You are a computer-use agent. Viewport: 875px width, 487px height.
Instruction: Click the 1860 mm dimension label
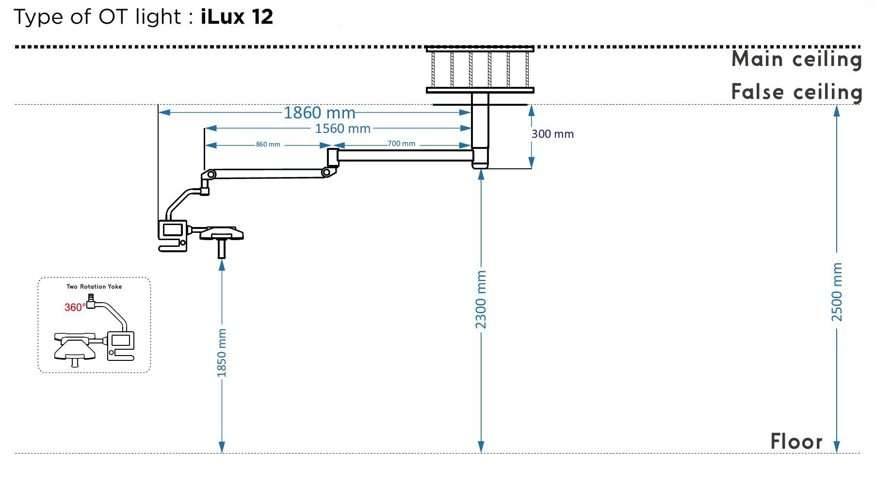[x=319, y=113]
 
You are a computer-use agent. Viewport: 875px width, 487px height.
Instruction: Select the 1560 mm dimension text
[x=343, y=129]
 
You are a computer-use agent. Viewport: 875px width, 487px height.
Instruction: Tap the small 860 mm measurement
[x=268, y=145]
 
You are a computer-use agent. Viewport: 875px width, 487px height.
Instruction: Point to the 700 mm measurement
[x=402, y=144]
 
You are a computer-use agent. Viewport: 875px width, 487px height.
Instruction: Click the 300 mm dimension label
[x=552, y=134]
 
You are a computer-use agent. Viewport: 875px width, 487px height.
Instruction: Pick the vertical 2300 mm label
[x=481, y=299]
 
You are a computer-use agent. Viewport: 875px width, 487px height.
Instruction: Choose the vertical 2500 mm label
[x=837, y=292]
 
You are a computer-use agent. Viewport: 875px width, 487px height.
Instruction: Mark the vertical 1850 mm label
[x=222, y=353]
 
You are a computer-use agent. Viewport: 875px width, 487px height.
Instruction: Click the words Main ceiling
[x=796, y=60]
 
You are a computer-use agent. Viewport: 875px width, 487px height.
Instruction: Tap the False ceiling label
[x=796, y=92]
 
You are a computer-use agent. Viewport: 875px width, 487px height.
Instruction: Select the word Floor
[x=796, y=442]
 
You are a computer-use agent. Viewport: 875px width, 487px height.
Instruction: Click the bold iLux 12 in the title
[x=237, y=17]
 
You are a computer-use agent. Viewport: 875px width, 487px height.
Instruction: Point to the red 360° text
[x=75, y=307]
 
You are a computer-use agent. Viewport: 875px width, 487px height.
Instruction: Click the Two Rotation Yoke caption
[x=94, y=287]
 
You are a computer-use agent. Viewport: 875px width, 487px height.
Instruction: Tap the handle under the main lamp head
[x=222, y=248]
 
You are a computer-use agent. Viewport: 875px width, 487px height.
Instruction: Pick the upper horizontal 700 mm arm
[x=405, y=155]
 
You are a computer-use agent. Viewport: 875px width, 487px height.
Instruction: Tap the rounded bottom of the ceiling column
[x=480, y=164]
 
